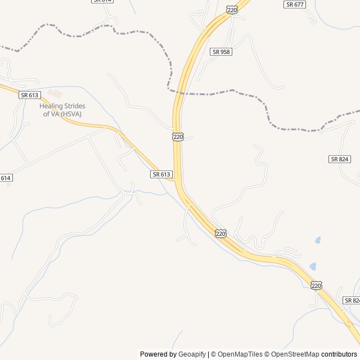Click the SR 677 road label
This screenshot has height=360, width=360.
[x=295, y=4]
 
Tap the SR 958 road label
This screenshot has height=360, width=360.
[x=221, y=52]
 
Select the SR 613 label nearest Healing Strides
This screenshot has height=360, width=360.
[x=30, y=95]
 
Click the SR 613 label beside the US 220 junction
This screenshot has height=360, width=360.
[x=161, y=174]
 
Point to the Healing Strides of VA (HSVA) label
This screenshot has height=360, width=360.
[x=62, y=110]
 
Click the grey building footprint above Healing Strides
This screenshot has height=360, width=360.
[x=55, y=93]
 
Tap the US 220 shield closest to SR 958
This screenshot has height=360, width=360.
[x=232, y=10]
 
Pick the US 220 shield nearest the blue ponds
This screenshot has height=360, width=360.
[x=316, y=286]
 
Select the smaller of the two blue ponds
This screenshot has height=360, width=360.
[x=318, y=240]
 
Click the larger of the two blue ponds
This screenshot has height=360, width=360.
[x=312, y=266]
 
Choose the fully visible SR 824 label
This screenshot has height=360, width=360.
[x=340, y=159]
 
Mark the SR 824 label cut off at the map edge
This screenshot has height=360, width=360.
[x=352, y=300]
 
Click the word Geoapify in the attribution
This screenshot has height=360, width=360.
[x=192, y=354]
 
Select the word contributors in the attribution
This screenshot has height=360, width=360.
[x=339, y=354]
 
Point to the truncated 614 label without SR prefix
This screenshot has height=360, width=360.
[x=6, y=178]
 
